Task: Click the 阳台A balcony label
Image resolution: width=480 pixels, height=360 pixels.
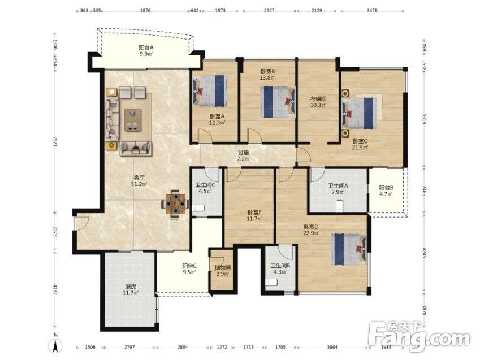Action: pos(146,47)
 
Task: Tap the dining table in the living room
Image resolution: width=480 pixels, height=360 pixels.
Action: pos(175,203)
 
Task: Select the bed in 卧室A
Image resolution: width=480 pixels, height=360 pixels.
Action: pos(210,91)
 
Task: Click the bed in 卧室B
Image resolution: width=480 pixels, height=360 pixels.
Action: pos(278,102)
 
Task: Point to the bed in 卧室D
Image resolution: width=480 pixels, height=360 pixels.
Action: pos(349,249)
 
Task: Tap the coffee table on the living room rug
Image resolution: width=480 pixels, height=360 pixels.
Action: pos(133,120)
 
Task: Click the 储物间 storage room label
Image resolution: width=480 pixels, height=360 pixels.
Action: pos(223,267)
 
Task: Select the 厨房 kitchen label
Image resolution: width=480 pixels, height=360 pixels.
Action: pos(131,287)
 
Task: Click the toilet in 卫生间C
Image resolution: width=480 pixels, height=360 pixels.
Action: pos(198,208)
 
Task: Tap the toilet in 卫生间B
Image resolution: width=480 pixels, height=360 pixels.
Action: pos(271,283)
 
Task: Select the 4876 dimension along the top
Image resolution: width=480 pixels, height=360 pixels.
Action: pos(145,10)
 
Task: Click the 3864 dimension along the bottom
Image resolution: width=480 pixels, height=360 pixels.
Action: pos(332,347)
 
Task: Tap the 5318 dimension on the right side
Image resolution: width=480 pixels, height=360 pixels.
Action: pos(424,119)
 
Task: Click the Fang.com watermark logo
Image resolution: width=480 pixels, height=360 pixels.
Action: pos(419,336)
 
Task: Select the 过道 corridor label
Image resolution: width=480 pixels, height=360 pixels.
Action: pos(243,153)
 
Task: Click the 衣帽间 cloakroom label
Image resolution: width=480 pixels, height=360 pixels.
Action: pos(318,99)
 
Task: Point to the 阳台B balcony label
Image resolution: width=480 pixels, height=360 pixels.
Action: pos(386,188)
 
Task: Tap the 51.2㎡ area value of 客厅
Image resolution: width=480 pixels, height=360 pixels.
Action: pos(139,184)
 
